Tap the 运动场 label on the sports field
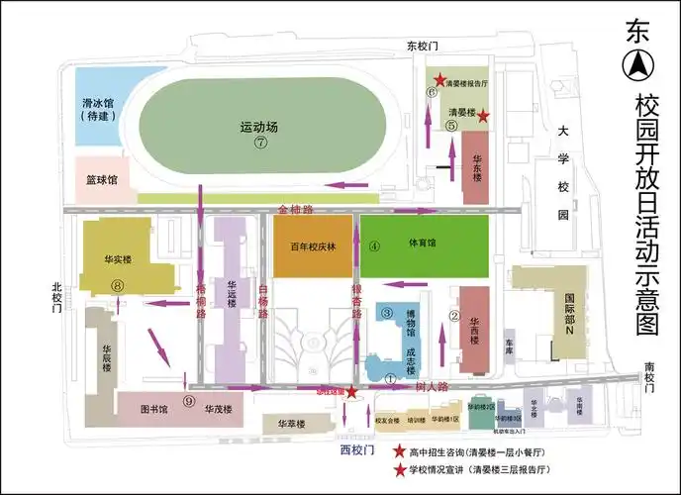click(259, 127)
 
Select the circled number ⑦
click(260, 142)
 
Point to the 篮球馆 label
click(101, 180)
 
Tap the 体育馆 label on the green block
click(423, 242)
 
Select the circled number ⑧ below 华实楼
click(118, 285)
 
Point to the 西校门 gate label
click(358, 450)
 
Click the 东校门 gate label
click(422, 46)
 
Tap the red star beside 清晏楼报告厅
click(439, 78)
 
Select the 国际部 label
click(570, 302)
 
